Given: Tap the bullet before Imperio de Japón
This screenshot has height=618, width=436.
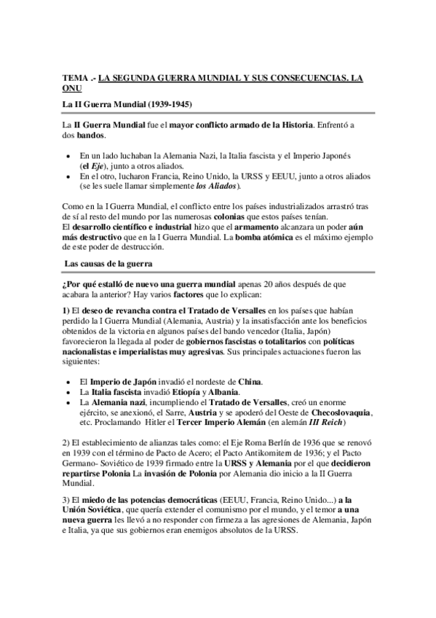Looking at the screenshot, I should [x=68, y=381].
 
